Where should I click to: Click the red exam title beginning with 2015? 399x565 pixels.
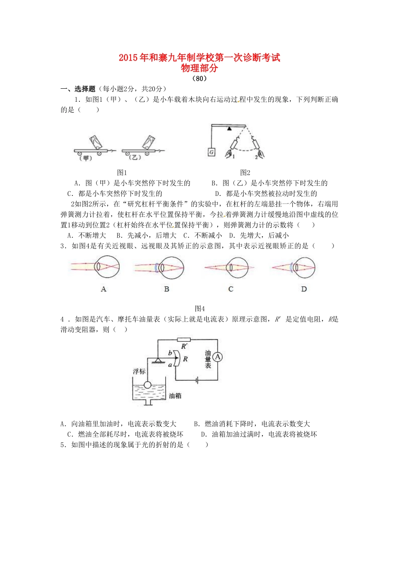point(199,58)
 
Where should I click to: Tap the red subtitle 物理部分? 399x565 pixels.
point(199,68)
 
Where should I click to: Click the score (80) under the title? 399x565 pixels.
point(199,78)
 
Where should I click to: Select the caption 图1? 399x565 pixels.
point(122,172)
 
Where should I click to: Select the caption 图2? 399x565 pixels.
point(245,172)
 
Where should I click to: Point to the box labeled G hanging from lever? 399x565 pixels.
point(212,152)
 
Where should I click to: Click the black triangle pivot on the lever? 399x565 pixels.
point(229,128)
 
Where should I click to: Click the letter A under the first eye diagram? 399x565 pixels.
point(104,289)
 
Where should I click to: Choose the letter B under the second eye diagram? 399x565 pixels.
point(167,289)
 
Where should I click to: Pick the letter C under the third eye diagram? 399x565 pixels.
point(231,289)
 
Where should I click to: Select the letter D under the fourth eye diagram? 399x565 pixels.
point(304,289)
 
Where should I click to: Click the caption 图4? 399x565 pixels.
point(200,309)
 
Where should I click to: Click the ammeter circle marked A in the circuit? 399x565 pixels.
point(218,357)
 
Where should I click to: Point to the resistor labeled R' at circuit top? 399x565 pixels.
point(184,340)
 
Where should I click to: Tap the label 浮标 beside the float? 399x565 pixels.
point(139,372)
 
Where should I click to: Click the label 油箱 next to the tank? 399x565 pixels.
point(175,396)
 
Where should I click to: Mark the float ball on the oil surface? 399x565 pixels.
point(147,385)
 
